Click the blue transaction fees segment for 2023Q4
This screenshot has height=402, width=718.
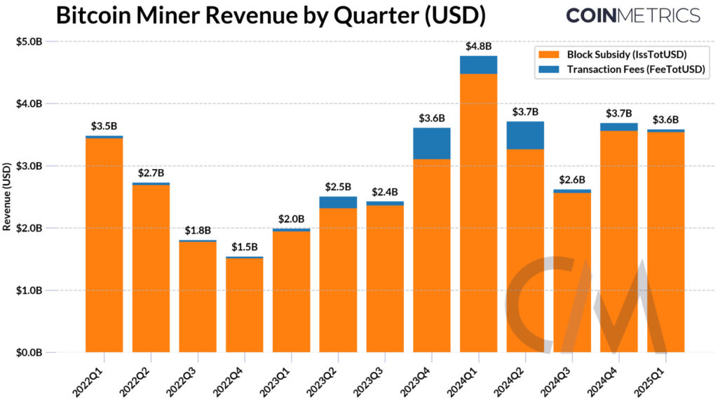(x=431, y=143)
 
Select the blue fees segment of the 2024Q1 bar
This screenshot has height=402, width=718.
(x=478, y=65)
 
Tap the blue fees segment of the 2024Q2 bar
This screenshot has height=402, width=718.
(x=525, y=135)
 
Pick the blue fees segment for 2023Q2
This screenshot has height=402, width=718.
(x=338, y=202)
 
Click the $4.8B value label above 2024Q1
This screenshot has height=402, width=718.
(x=478, y=46)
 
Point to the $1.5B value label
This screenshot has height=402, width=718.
(x=244, y=248)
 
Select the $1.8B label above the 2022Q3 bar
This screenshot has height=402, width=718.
(x=197, y=231)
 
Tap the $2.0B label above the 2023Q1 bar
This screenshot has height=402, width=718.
(x=291, y=218)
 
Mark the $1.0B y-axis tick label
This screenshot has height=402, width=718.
(x=29, y=290)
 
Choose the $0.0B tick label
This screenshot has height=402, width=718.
(x=29, y=352)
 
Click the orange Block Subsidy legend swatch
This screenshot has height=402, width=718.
(x=546, y=54)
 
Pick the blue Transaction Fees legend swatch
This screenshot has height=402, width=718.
(x=546, y=69)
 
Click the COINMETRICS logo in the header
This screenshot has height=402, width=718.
(x=632, y=15)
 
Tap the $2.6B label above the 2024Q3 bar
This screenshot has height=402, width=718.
(x=572, y=180)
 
